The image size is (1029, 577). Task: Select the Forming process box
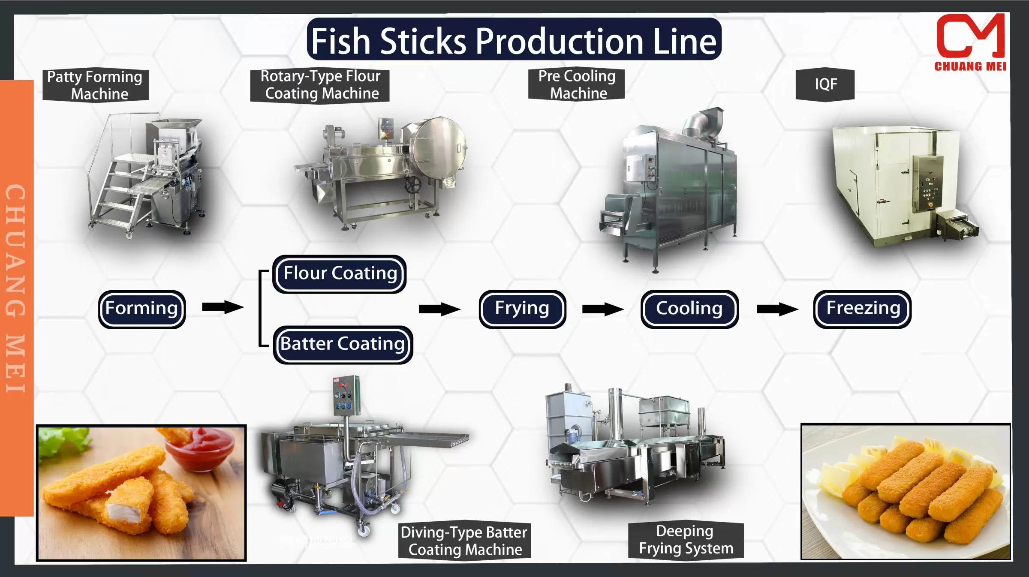point(142,309)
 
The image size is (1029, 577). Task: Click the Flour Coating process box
point(340,273)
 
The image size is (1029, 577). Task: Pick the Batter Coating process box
point(343,344)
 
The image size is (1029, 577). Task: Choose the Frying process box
point(522,309)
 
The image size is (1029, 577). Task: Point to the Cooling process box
point(689,309)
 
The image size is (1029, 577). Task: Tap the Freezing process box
point(862,309)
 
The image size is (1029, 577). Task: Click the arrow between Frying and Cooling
point(603,309)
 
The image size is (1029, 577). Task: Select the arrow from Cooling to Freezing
point(777,309)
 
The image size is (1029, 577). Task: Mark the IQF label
point(825,84)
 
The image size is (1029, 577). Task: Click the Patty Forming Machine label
point(95,85)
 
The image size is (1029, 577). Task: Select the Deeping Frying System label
point(685,540)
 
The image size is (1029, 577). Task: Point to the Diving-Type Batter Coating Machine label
point(464,541)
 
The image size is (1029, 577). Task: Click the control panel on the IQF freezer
point(928,183)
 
